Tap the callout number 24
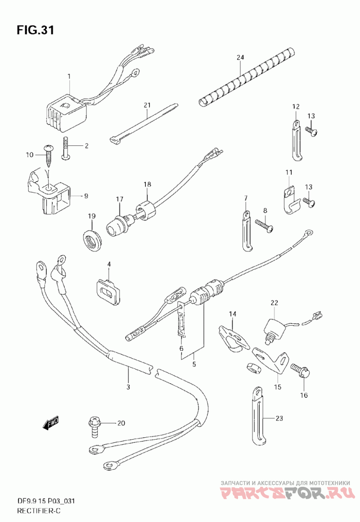[x=240, y=57]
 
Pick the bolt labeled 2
[x=67, y=147]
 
